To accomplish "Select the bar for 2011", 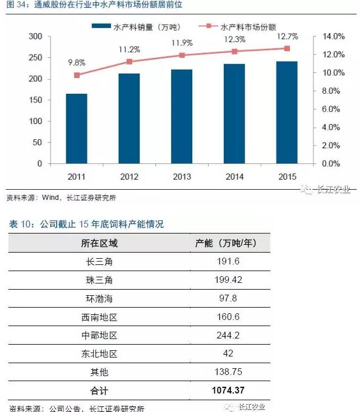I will pyautogui.click(x=76, y=129).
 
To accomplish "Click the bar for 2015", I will pyautogui.click(x=287, y=112).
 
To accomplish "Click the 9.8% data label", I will pyautogui.click(x=77, y=62).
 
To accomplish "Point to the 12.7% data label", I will pyautogui.click(x=287, y=37).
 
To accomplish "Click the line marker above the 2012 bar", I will pyautogui.click(x=129, y=62).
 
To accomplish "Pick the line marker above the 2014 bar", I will pyautogui.click(x=234, y=51).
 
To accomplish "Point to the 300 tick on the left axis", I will pyautogui.click(x=35, y=36).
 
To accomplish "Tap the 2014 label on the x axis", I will pyautogui.click(x=234, y=177).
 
